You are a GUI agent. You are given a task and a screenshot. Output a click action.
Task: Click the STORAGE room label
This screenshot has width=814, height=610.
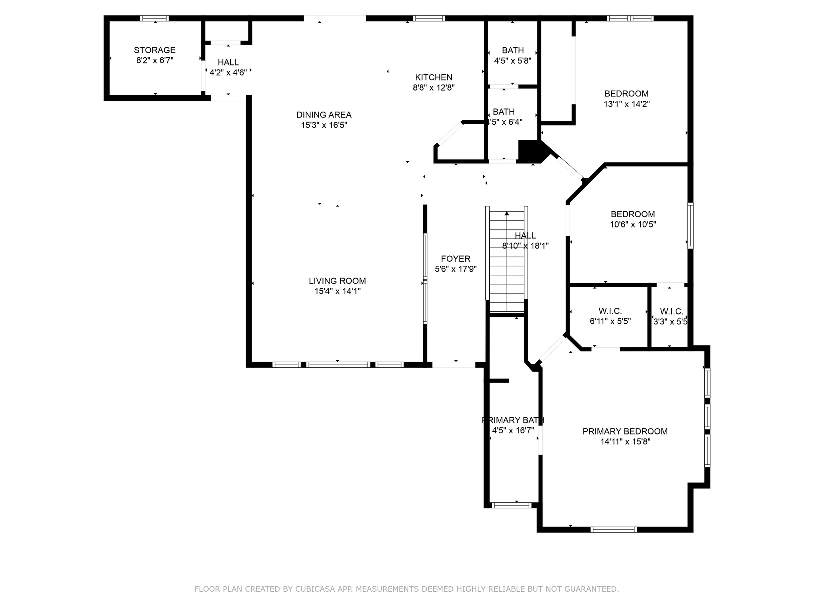pos(155,50)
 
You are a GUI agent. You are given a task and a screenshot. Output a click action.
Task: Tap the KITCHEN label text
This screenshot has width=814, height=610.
pos(434,77)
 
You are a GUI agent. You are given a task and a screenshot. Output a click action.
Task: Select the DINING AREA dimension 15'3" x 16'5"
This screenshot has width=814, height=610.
pos(324,125)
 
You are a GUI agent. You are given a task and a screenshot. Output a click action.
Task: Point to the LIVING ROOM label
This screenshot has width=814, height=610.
pos(337,281)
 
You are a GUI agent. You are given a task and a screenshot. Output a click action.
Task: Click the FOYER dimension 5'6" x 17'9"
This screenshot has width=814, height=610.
pos(455,269)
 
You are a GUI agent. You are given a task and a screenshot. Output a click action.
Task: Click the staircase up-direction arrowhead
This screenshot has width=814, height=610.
pos(507,214)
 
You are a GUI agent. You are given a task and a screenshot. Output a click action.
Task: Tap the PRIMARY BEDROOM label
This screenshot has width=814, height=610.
pos(625,431)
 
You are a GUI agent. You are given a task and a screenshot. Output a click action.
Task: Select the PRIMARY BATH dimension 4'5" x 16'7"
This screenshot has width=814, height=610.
pos(513,430)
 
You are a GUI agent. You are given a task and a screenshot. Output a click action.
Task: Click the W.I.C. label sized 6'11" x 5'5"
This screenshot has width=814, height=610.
pos(610,311)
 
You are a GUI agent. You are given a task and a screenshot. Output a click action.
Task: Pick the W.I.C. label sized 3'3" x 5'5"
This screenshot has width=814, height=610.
pos(671,312)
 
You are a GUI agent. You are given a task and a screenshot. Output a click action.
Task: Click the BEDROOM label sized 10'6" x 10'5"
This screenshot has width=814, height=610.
pos(633,214)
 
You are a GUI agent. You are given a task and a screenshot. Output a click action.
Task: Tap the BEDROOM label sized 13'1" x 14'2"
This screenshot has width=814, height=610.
pos(626,94)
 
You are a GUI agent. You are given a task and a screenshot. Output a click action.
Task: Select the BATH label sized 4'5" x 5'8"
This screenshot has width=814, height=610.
pos(513,50)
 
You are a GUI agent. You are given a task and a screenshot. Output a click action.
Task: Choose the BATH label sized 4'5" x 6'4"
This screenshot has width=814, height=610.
pos(504,112)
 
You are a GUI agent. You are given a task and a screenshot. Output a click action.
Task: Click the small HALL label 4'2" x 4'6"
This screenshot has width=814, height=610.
pos(228,62)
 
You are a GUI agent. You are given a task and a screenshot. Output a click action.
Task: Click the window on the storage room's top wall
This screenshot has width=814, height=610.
pos(155,18)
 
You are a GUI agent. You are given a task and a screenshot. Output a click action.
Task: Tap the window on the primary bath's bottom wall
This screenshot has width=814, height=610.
pos(511,505)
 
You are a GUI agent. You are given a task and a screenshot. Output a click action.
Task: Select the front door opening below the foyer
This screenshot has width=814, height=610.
pos(454,365)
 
